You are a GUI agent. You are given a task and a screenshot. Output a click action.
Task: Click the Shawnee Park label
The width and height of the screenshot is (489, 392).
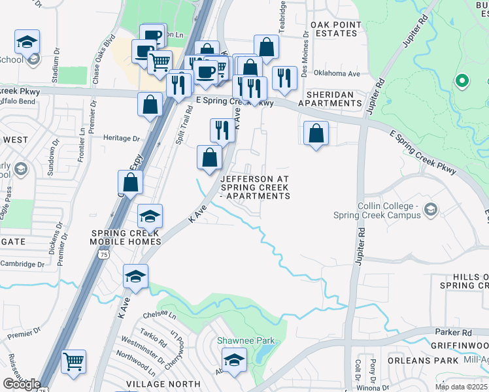click(246, 340)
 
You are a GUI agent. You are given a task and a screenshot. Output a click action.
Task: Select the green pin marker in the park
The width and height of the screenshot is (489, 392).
click(462, 81)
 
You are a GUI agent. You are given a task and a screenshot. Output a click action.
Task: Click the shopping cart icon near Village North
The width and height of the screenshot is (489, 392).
click(74, 361)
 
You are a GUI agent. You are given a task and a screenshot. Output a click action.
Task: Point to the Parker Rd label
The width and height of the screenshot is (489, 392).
click(452, 332)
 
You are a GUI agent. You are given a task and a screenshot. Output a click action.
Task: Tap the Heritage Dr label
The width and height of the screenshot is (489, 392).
click(122, 139)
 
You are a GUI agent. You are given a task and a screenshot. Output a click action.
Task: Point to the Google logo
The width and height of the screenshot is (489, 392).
click(22, 384)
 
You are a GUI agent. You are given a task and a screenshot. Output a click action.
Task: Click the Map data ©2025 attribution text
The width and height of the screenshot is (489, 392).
click(462, 387)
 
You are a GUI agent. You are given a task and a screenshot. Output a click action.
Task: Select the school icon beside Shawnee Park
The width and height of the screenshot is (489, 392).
click(234, 360)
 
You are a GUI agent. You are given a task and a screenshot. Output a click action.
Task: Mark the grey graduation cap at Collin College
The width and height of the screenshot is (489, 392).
click(430, 210)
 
